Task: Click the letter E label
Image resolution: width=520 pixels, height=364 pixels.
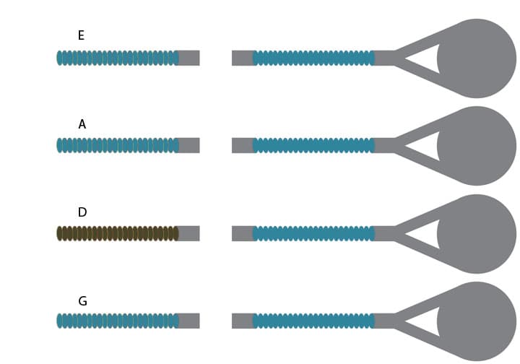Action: coord(81,35)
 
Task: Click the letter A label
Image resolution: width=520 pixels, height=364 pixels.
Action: coord(82,124)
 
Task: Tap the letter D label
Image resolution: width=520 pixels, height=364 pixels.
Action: coord(82,212)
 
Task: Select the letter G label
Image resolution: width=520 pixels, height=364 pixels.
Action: coord(82,301)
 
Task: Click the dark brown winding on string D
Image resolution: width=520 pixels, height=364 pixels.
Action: coord(117,233)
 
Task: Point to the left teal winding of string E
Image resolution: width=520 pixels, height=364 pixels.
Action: coord(117,58)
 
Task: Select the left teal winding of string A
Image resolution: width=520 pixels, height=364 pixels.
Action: coord(117,145)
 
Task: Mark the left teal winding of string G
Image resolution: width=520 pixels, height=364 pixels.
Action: coord(117,321)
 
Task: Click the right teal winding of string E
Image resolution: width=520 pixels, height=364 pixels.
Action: coord(313,58)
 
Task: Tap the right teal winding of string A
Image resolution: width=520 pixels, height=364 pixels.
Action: coord(313,145)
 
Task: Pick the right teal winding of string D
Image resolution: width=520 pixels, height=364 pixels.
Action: coord(313,233)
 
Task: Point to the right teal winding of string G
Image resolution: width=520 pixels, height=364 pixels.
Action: coord(313,321)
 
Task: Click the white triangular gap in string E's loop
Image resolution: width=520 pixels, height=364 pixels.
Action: coord(426,58)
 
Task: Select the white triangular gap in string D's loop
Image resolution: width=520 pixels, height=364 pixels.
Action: coord(426,234)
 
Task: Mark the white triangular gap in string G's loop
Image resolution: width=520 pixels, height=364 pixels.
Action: coord(426,321)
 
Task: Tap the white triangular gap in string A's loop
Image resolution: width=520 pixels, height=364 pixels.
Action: coord(426,146)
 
